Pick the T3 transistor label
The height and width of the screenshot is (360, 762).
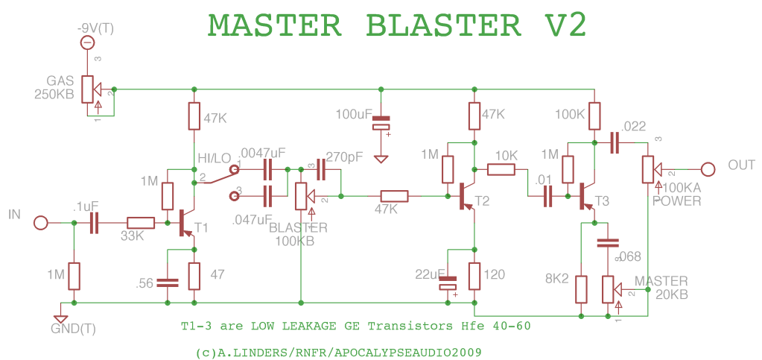point(602,201)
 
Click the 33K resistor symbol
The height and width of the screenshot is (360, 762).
point(140,222)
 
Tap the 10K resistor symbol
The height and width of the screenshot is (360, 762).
point(501,169)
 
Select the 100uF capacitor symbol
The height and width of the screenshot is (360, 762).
point(381,122)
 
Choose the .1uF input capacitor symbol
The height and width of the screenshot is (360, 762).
point(95,222)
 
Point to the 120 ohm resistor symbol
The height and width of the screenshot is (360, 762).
point(474,276)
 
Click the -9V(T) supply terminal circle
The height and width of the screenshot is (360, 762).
point(86,44)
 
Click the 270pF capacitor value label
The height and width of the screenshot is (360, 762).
point(344,157)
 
